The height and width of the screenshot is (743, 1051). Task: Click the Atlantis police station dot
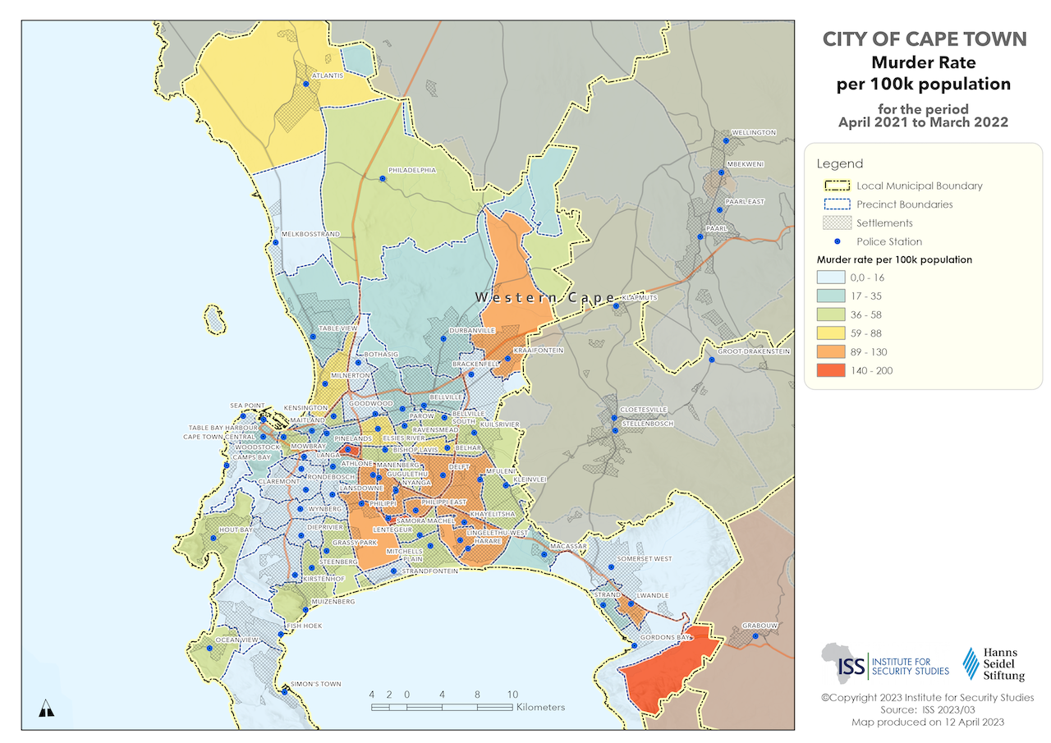[305, 84]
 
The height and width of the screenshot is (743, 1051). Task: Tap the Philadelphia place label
[412, 170]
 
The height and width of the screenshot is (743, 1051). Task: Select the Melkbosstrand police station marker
[275, 242]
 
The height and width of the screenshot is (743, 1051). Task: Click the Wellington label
[754, 132]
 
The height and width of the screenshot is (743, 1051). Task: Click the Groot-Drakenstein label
[754, 351]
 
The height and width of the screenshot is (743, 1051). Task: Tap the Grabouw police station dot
[755, 635]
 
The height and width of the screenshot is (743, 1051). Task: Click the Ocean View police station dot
[209, 649]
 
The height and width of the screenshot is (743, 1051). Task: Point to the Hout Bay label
[236, 530]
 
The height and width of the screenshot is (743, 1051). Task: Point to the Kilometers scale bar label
[539, 707]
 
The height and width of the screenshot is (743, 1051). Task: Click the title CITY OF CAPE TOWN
[924, 39]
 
